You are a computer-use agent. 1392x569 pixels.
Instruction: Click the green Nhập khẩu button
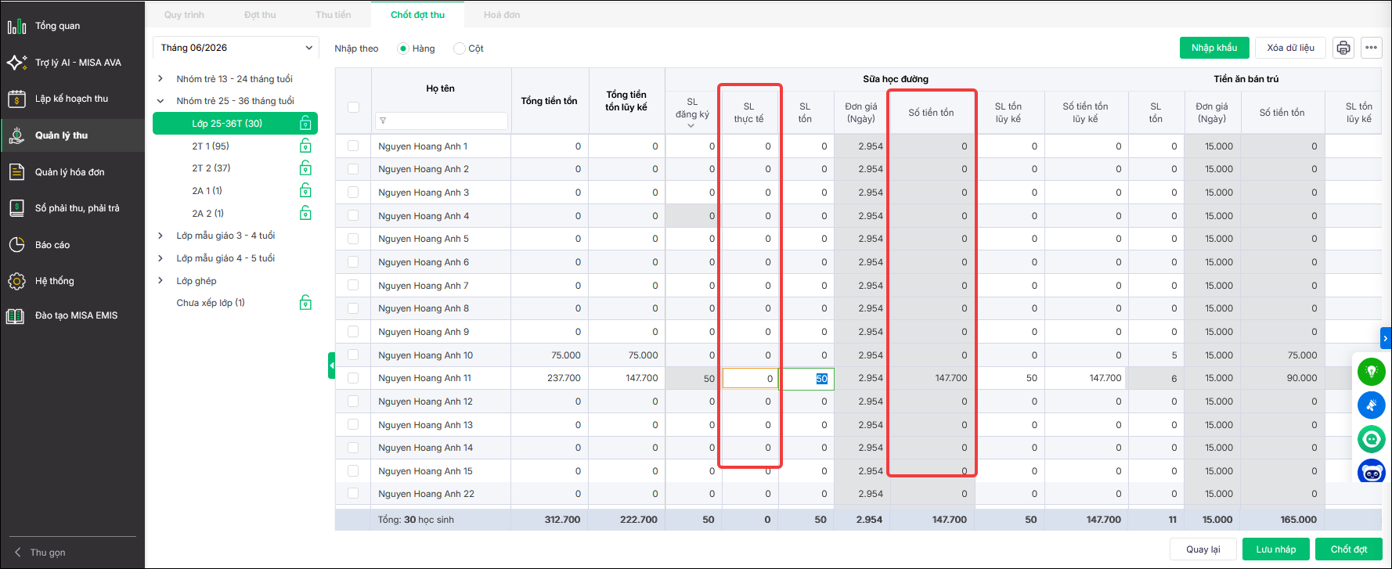pyautogui.click(x=1214, y=48)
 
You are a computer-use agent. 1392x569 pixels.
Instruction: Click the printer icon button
pyautogui.click(x=1343, y=48)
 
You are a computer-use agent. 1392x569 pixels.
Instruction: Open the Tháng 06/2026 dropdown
pyautogui.click(x=236, y=48)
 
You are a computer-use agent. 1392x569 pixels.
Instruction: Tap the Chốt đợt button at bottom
pyautogui.click(x=1349, y=549)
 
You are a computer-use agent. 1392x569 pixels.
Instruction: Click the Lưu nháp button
pyautogui.click(x=1276, y=549)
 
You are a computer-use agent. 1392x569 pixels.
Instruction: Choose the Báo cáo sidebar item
pyautogui.click(x=52, y=245)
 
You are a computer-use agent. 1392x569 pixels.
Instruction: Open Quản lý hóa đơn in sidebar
pyautogui.click(x=70, y=172)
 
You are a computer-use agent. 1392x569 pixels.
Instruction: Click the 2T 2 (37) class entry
pyautogui.click(x=211, y=168)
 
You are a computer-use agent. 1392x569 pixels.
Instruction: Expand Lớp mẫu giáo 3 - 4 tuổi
pyautogui.click(x=225, y=236)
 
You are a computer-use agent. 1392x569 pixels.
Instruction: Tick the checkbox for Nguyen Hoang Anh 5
pyautogui.click(x=353, y=239)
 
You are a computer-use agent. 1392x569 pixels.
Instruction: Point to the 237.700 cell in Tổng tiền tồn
pyautogui.click(x=564, y=378)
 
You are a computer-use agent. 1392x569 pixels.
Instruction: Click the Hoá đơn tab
pyautogui.click(x=502, y=15)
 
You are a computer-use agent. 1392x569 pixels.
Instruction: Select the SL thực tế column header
pyautogui.click(x=748, y=113)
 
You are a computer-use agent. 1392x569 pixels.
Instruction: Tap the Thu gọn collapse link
pyautogui.click(x=47, y=553)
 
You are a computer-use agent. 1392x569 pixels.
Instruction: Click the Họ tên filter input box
pyautogui.click(x=442, y=121)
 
